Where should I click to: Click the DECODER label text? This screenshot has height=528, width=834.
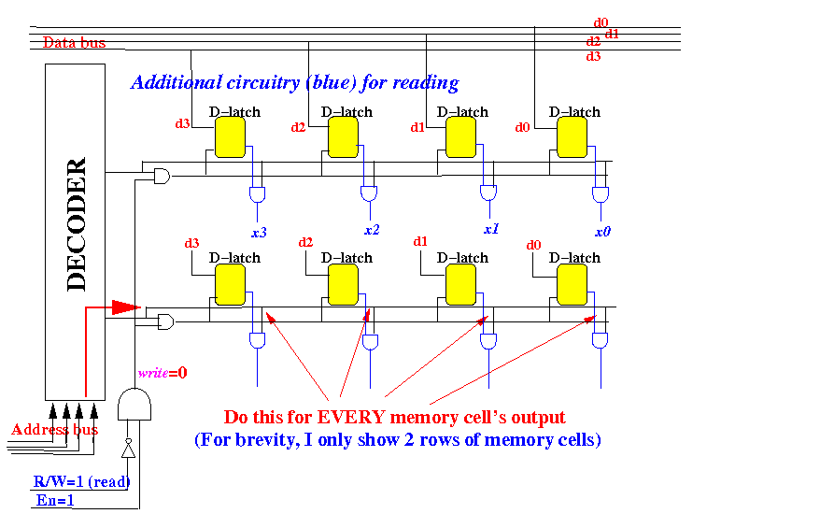click(77, 224)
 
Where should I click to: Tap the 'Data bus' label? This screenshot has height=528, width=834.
click(74, 43)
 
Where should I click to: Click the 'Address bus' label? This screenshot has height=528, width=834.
click(53, 430)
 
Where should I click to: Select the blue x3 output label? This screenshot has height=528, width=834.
click(259, 233)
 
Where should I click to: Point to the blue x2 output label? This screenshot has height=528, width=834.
click(372, 230)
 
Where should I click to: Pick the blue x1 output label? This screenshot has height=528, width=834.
click(491, 228)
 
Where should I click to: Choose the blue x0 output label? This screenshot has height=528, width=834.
click(603, 231)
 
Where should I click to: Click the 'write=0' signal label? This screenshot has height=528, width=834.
click(163, 373)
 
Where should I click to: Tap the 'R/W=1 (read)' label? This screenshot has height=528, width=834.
click(80, 482)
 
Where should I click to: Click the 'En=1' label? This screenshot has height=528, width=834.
click(55, 500)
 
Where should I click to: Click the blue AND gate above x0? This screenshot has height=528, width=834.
click(601, 194)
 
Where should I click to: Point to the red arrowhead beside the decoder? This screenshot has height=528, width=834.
click(125, 307)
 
